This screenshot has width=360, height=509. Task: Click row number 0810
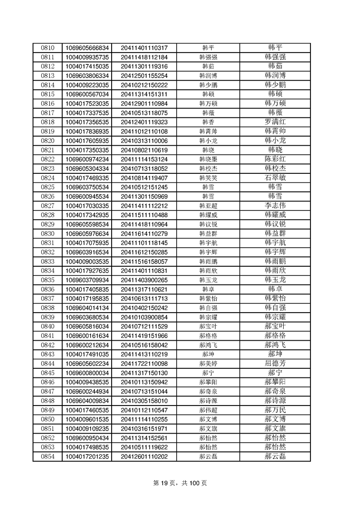[x=47, y=48]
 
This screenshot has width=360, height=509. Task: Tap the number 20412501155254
[x=144, y=76]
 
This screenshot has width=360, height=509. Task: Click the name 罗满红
[x=275, y=122]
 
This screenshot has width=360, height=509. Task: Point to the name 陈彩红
[x=275, y=159]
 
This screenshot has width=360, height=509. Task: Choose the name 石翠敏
[x=275, y=178]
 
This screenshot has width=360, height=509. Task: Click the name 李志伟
[x=275, y=206]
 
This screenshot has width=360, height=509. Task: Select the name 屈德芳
[x=275, y=363]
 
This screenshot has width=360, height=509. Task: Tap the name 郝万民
[x=275, y=410]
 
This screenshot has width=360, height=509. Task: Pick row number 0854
[x=47, y=456]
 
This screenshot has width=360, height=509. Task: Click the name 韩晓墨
[x=208, y=159]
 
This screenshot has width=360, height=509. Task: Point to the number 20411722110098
[x=144, y=363]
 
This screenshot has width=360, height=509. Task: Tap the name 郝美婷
[x=208, y=363]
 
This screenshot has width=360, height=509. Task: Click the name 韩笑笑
[x=208, y=178]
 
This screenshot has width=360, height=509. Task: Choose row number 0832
[x=47, y=252]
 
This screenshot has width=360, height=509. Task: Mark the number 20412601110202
[x=144, y=456]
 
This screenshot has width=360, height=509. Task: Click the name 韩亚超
[x=208, y=206]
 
